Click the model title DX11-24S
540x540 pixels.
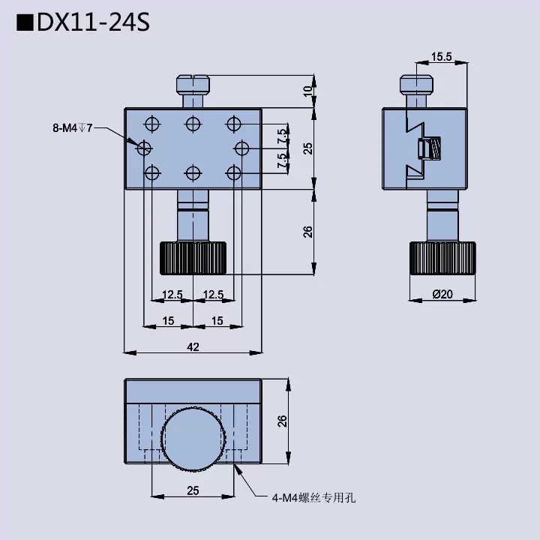pos(82,22)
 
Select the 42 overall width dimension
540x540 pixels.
pos(193,346)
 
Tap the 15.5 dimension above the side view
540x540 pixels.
pos(442,56)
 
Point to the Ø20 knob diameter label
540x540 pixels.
pos(442,295)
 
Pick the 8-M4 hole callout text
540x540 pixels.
pos(72,128)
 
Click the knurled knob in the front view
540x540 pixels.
pos(193,258)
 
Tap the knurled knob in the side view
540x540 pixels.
pos(442,259)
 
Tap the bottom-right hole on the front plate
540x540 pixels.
pos(234,173)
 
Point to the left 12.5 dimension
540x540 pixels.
pos(172,295)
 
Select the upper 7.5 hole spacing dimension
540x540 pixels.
pos(281,136)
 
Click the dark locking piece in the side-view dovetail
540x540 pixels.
pos(430,148)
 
